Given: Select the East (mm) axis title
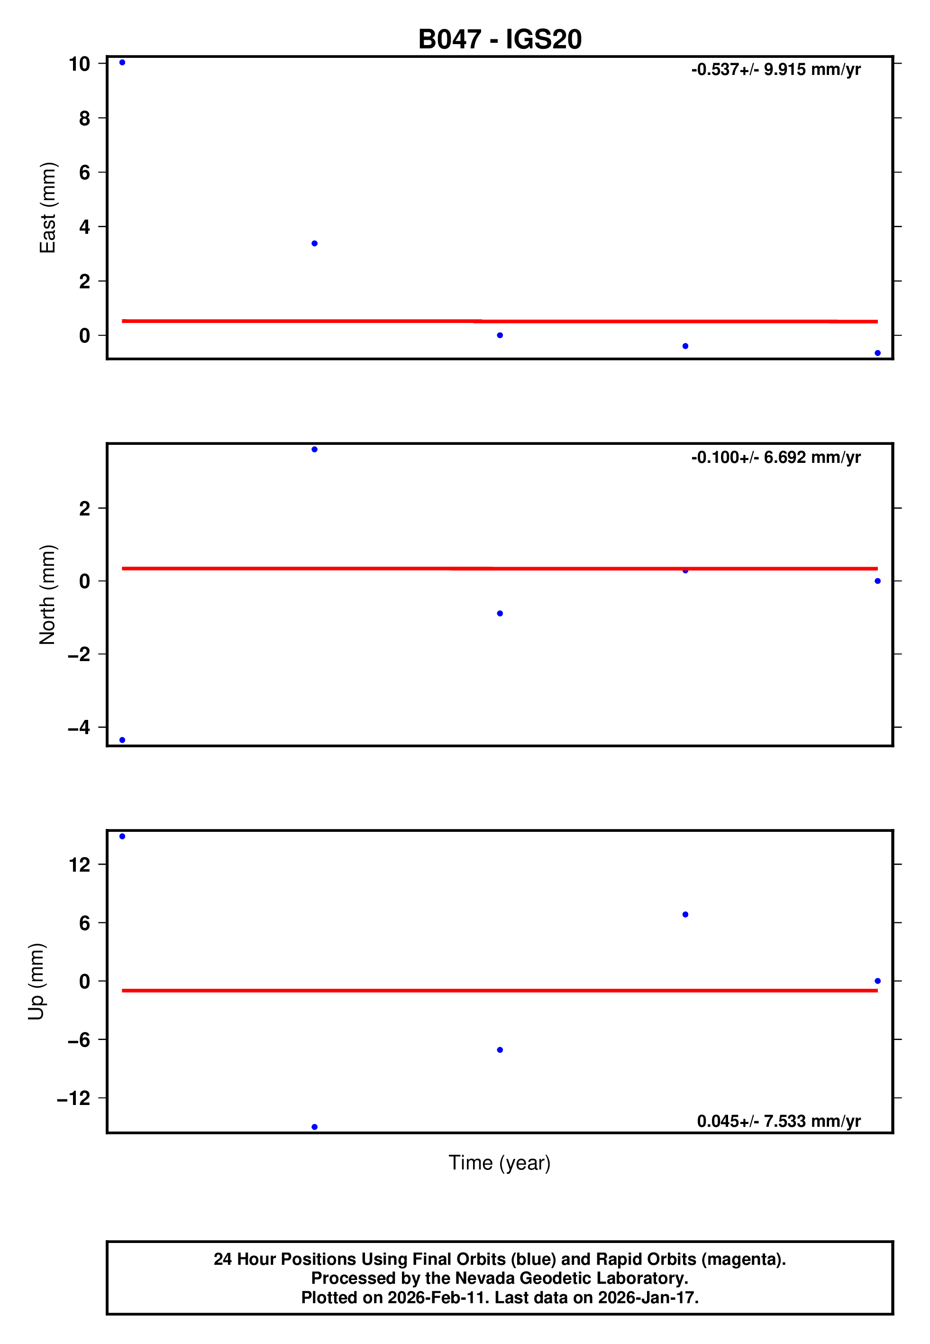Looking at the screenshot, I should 48,208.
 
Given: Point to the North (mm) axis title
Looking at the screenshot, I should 48,595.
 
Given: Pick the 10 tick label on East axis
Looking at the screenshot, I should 79,64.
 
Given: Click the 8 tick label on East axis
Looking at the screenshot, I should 84,118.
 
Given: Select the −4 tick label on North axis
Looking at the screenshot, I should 79,727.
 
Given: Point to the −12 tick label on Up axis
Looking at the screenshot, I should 73,1098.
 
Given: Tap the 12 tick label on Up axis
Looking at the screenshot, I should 79,865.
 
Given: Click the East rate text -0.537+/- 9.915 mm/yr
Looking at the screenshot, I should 775,70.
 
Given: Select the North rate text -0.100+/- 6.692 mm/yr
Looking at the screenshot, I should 775,458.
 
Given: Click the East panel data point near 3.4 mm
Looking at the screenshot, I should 315,244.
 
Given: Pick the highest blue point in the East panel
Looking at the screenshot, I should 122,62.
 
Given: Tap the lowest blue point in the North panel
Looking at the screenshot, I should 122,740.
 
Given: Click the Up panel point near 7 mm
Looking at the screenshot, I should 685,914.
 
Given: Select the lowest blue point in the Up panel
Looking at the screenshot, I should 315,1127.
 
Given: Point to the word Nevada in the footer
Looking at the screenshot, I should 482,1278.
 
